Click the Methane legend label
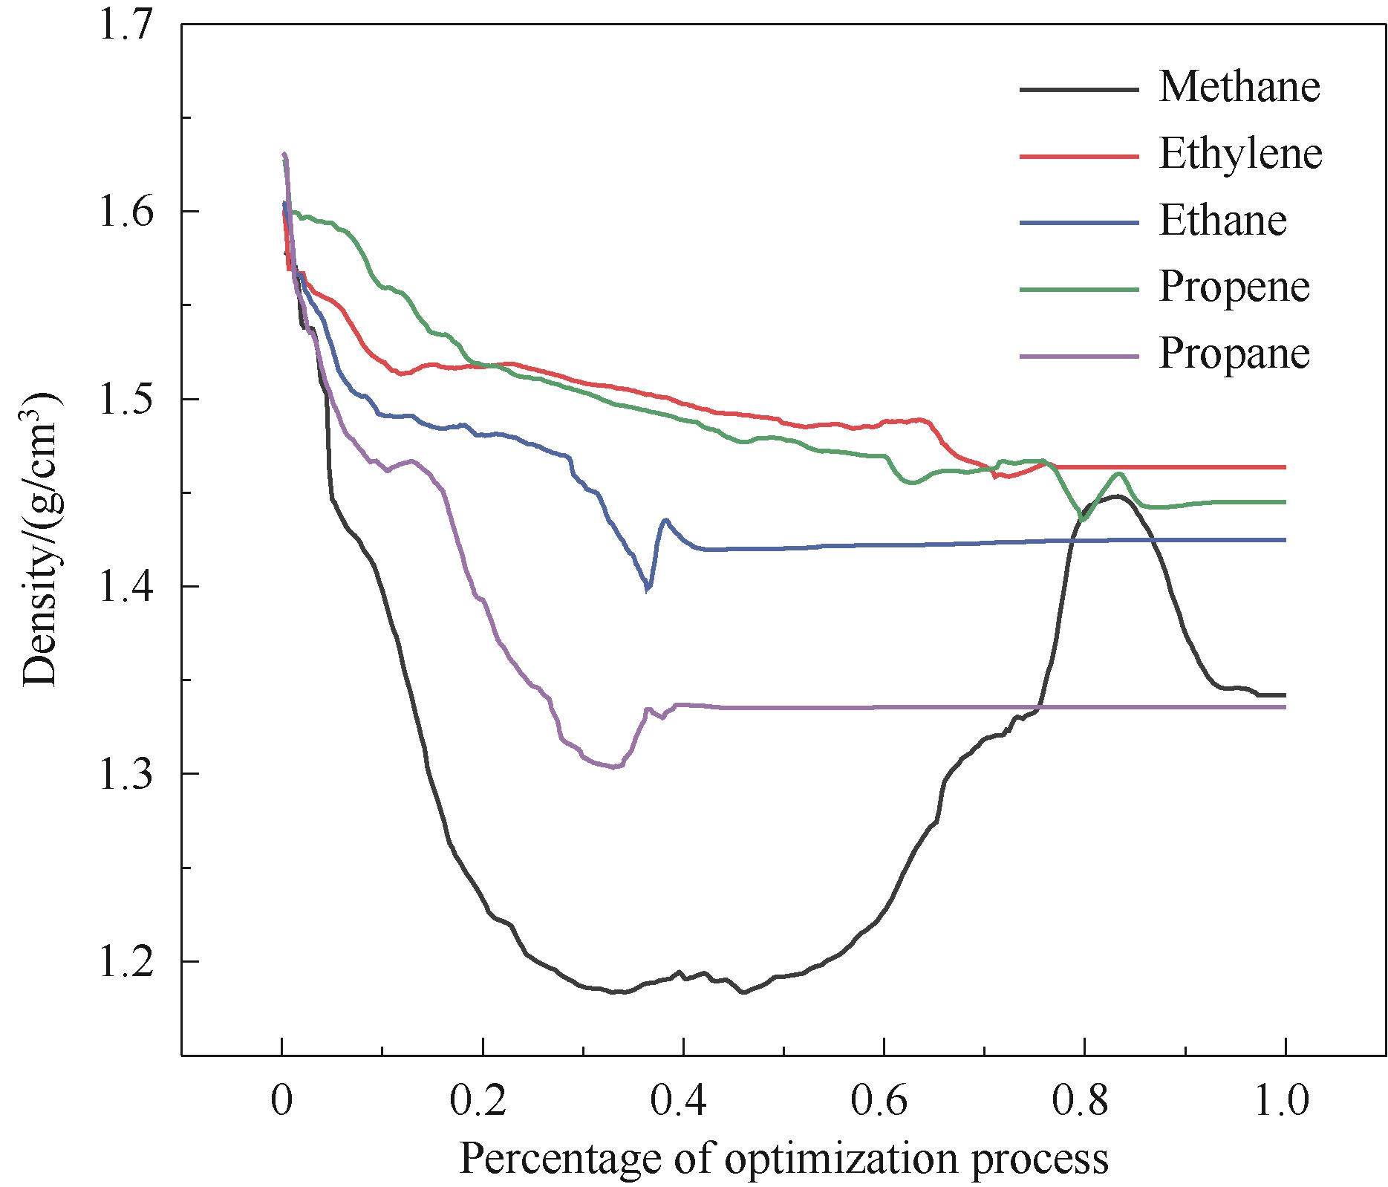[x=1239, y=88]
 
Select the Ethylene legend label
[x=1240, y=155]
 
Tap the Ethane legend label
[x=1222, y=221]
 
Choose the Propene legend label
[x=1234, y=287]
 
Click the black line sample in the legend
[x=1078, y=89]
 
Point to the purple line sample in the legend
[x=1078, y=356]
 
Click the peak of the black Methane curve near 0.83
[x=1114, y=495]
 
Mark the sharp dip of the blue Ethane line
[x=648, y=590]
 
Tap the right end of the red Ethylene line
[x=1284, y=467]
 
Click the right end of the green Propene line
[x=1284, y=502]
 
